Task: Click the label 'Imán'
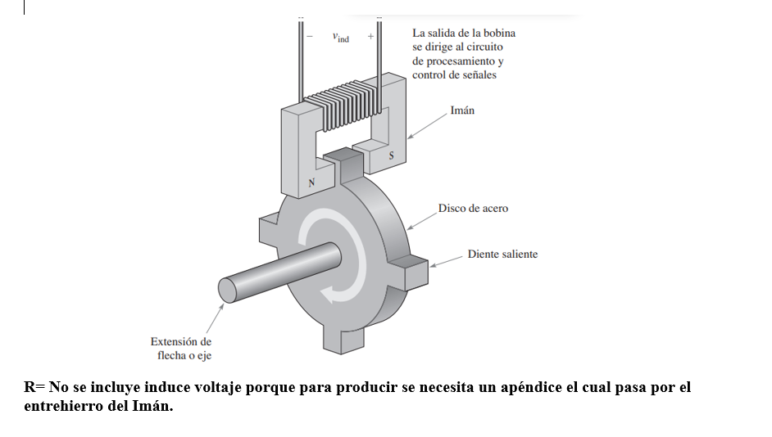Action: pyautogui.click(x=462, y=110)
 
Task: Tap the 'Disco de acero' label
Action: pyautogui.click(x=472, y=209)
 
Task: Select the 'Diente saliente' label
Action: pyautogui.click(x=502, y=255)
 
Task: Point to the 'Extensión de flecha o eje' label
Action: pyautogui.click(x=181, y=348)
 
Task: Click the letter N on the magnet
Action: pyautogui.click(x=311, y=182)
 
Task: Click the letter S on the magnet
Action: pyautogui.click(x=391, y=155)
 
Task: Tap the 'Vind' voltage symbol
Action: pyautogui.click(x=340, y=38)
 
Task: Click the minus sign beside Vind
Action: pyautogui.click(x=310, y=38)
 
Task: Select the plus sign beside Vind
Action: pyautogui.click(x=370, y=38)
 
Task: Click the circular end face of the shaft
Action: pyautogui.click(x=227, y=290)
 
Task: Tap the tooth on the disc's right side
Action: pyautogui.click(x=409, y=269)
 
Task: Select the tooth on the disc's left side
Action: pyautogui.click(x=268, y=227)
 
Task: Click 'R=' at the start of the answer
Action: pyautogui.click(x=34, y=387)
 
